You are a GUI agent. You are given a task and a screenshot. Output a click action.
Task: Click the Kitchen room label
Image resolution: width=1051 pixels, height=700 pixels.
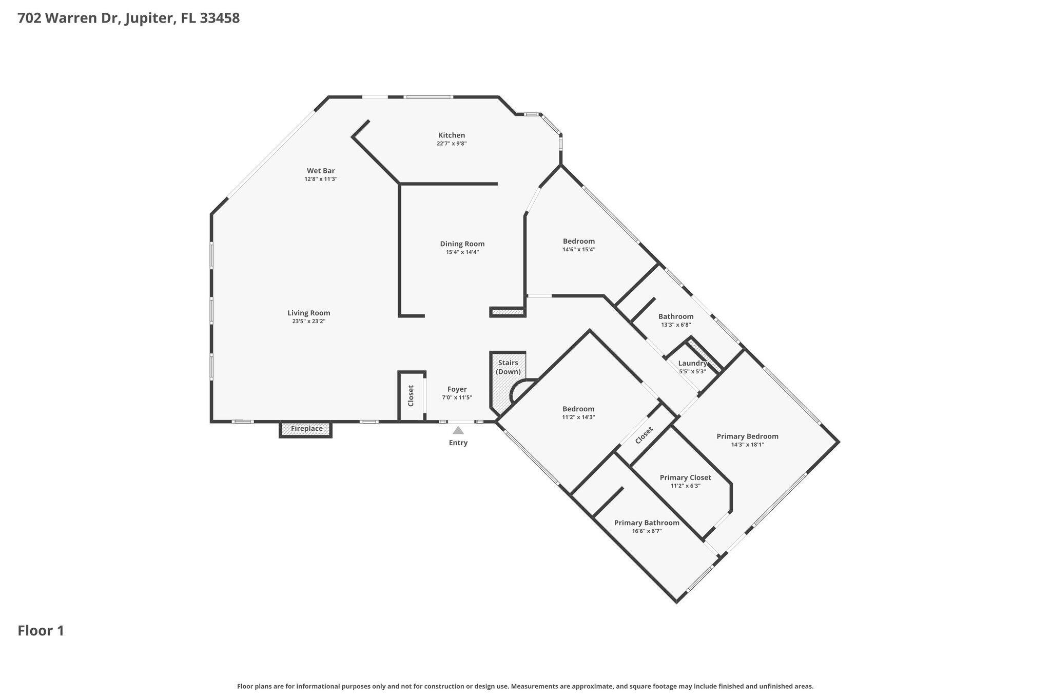tap(451, 135)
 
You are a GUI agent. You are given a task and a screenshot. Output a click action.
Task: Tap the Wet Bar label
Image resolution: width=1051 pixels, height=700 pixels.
tap(321, 171)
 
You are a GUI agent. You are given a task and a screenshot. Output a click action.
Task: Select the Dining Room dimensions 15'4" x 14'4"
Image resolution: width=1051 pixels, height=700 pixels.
tap(462, 252)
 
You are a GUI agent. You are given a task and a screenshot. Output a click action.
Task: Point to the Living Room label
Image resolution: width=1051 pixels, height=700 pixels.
tap(308, 313)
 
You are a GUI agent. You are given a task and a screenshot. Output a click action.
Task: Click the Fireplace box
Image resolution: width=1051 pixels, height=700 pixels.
tap(306, 429)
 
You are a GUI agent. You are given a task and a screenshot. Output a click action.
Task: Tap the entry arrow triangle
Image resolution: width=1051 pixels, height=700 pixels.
tap(458, 431)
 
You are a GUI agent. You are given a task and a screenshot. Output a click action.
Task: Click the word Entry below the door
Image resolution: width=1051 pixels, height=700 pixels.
tap(458, 443)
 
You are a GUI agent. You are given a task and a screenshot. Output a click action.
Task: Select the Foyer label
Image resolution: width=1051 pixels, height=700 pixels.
tap(457, 389)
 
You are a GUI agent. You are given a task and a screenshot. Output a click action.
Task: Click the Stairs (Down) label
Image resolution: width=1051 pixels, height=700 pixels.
tap(508, 367)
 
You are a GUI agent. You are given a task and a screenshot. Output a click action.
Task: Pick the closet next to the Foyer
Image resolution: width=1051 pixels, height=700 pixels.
tap(411, 395)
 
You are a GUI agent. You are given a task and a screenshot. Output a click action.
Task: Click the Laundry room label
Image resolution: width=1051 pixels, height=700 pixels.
tap(692, 363)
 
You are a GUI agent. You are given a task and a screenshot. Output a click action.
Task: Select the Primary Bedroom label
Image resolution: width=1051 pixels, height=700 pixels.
tap(747, 436)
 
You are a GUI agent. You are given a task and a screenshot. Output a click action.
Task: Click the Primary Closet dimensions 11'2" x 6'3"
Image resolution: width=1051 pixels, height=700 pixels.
tap(685, 486)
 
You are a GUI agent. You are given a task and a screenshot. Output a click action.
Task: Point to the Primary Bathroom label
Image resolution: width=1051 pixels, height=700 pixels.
tap(647, 523)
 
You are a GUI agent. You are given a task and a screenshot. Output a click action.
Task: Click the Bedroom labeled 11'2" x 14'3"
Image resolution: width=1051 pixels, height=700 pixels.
tap(578, 409)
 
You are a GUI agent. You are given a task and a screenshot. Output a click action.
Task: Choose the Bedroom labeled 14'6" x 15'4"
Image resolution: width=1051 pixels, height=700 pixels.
tap(578, 241)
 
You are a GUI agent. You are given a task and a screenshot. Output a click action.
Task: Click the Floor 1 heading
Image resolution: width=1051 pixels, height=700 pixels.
tap(41, 630)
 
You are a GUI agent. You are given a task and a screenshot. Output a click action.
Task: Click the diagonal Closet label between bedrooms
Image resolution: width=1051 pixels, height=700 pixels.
tap(644, 435)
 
